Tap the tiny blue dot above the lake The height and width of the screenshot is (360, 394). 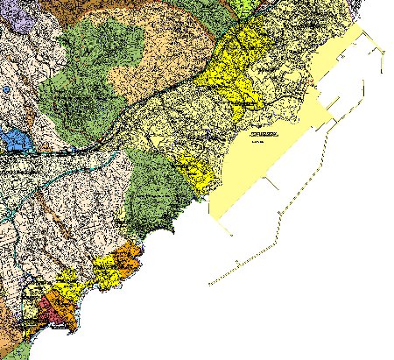7,89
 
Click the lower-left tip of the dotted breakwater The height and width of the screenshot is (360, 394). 209,285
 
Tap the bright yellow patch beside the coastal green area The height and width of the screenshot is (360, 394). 194,171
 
